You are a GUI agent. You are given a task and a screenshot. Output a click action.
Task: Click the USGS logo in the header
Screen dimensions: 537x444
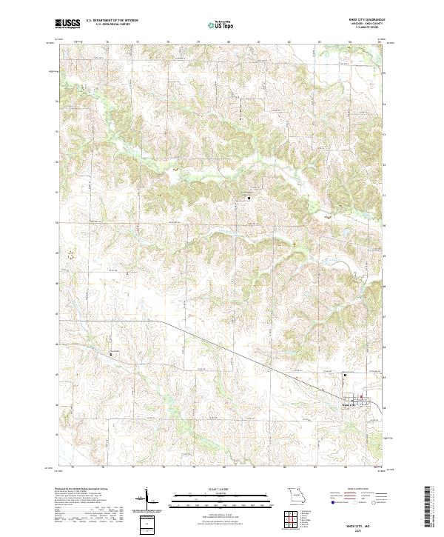click(67, 24)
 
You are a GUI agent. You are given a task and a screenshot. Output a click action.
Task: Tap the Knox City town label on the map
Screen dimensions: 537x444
click(349, 404)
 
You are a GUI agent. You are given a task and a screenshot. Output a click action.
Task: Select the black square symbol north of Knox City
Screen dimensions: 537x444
click(344, 376)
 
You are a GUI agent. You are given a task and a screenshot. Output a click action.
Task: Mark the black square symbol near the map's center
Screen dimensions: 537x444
click(249, 198)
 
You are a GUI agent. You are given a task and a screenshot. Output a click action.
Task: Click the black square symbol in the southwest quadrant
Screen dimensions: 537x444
click(112, 353)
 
